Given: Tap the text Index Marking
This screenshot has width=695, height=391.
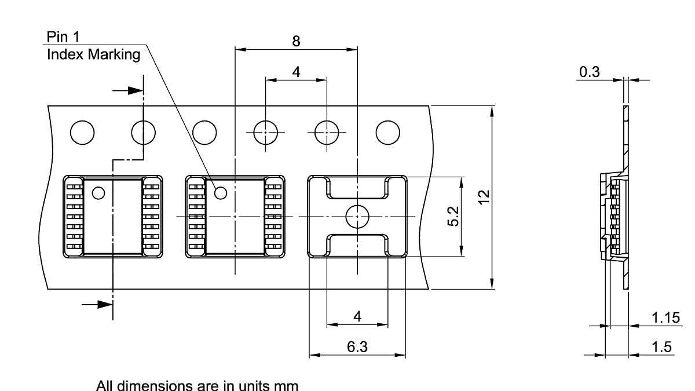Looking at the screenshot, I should click(93, 54).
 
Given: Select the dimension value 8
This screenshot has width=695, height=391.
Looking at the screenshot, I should click(296, 41).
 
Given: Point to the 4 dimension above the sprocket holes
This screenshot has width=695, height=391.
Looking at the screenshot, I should click(296, 72).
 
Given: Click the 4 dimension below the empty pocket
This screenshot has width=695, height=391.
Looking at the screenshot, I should click(357, 316).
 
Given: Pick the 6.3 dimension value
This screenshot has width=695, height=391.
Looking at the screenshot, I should click(357, 346).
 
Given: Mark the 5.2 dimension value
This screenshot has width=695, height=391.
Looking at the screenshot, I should click(453, 217).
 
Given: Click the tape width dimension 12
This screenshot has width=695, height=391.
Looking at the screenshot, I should click(485, 197).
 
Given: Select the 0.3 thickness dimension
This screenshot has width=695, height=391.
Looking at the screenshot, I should click(590, 72).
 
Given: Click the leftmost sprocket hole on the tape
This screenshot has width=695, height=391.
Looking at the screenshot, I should click(82, 133).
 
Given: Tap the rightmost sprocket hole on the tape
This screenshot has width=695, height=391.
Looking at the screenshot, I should click(387, 133).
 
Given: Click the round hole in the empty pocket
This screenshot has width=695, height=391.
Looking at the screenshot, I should click(357, 217).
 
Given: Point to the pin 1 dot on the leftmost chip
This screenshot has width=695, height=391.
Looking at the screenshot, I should click(98, 192).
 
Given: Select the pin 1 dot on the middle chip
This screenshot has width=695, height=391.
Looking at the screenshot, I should click(221, 192).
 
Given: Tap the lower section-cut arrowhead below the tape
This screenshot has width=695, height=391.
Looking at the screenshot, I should click(105, 304).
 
